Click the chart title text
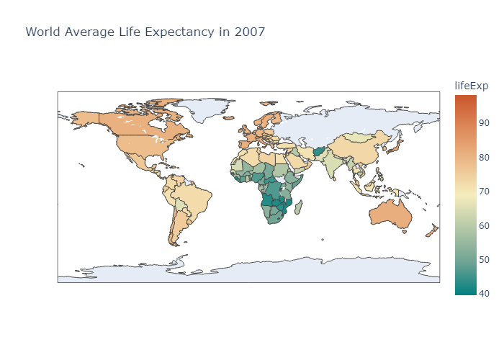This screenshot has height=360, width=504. tap(145, 32)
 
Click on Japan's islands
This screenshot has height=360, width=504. tap(395, 148)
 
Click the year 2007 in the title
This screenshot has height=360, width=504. tap(252, 32)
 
